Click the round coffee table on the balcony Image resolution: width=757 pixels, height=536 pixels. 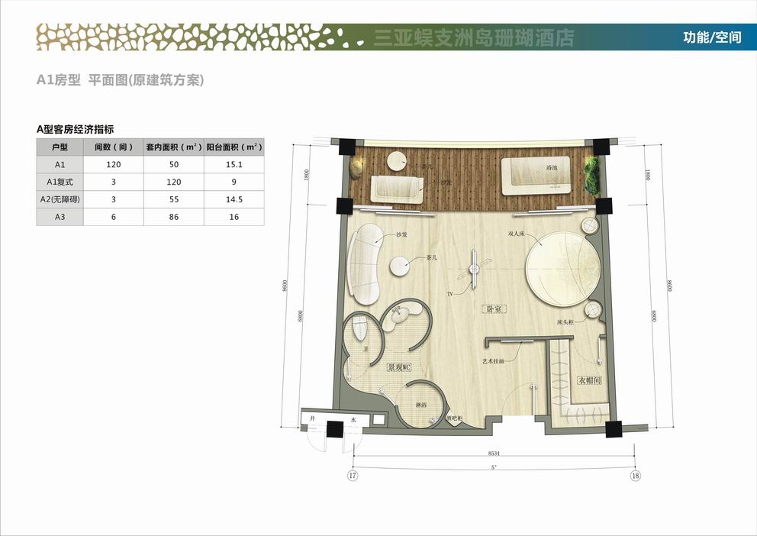pyautogui.click(x=397, y=161)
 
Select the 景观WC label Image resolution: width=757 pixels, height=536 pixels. pyautogui.click(x=398, y=367)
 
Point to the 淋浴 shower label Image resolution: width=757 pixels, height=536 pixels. pyautogui.click(x=420, y=404)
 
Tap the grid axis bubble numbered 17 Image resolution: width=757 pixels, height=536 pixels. pyautogui.click(x=353, y=476)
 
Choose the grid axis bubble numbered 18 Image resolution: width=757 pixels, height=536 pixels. pyautogui.click(x=635, y=476)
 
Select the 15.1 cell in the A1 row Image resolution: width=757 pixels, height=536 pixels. pyautogui.click(x=234, y=164)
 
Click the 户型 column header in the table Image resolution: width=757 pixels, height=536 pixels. pyautogui.click(x=60, y=147)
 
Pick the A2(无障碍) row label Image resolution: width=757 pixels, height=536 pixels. pyautogui.click(x=60, y=199)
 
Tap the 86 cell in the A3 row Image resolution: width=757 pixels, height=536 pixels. pyautogui.click(x=174, y=217)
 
